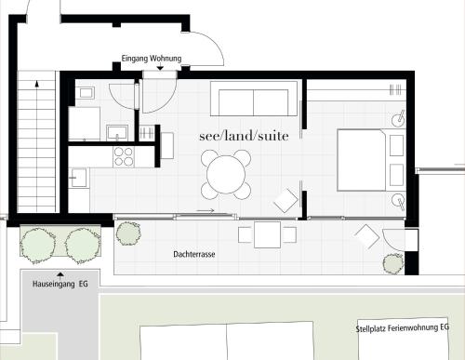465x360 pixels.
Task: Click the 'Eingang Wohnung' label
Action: (x=152, y=59)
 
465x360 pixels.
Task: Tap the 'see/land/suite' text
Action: (x=244, y=136)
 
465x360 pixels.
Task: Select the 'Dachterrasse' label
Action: (x=194, y=254)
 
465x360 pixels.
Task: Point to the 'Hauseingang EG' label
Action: (x=60, y=284)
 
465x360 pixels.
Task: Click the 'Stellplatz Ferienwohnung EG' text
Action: (x=403, y=328)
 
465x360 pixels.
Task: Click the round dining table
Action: (x=226, y=175)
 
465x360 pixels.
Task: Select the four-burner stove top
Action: (x=124, y=157)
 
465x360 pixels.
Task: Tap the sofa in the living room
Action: (x=254, y=99)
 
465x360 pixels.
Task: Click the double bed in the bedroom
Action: (x=362, y=160)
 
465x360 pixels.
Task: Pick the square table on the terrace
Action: (x=268, y=234)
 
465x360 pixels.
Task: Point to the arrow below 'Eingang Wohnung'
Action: (x=160, y=67)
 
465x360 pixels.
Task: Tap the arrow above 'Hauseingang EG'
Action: (x=60, y=274)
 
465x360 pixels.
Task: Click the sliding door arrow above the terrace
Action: (x=206, y=210)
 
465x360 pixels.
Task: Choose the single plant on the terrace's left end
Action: (x=128, y=233)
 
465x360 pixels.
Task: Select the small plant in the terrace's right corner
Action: (x=393, y=263)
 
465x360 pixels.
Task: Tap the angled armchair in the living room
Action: (x=286, y=200)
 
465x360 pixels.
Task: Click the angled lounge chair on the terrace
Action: (x=367, y=236)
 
